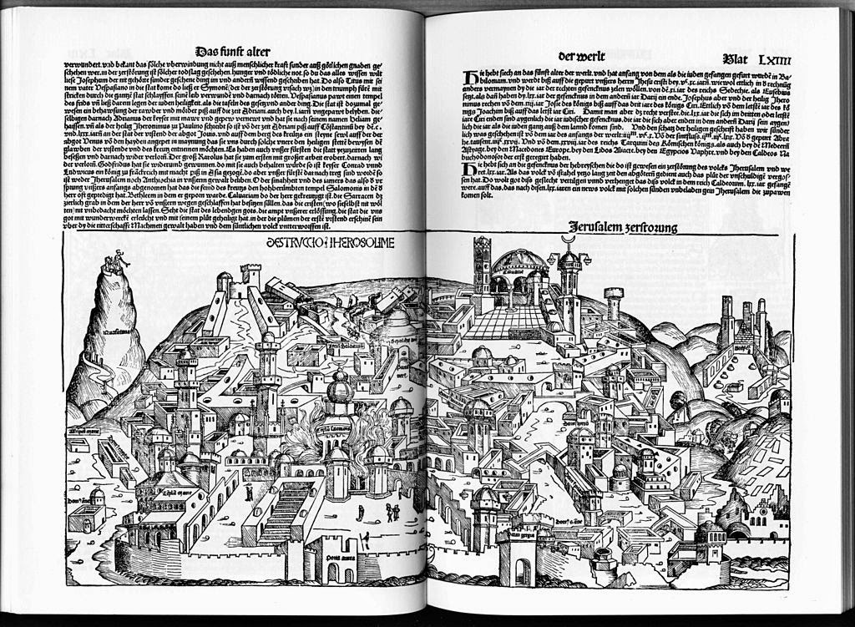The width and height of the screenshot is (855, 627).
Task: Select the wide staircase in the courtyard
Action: point(286,509)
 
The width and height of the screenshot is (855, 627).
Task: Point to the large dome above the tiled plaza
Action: point(519,262)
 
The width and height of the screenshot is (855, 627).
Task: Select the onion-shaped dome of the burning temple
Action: point(340,388)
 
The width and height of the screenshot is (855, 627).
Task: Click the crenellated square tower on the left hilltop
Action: point(250,275)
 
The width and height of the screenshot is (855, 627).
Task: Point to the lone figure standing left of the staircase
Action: point(249,492)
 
